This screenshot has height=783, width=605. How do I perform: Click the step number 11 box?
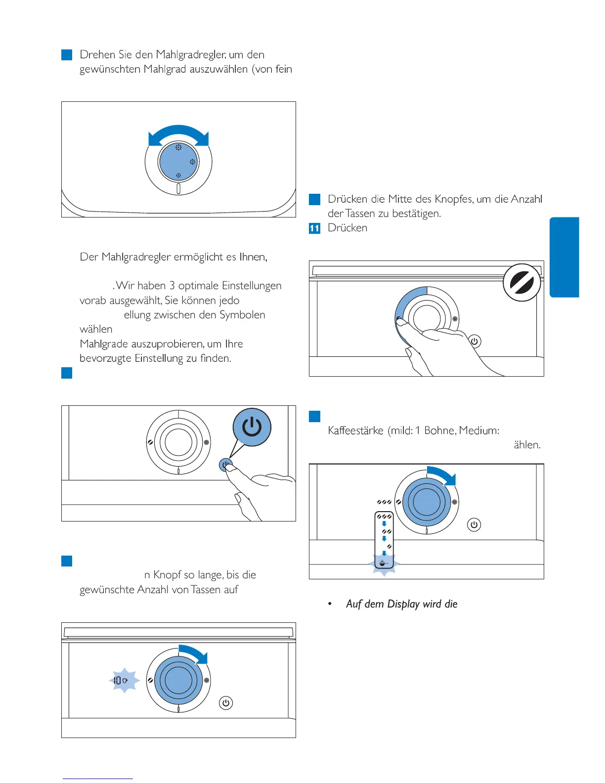point(314,228)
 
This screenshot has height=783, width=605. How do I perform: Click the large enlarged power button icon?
point(252,427)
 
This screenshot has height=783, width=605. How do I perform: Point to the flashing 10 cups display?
point(124,681)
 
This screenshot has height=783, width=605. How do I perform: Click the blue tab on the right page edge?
point(564,257)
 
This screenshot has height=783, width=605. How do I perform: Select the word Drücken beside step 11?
point(347,228)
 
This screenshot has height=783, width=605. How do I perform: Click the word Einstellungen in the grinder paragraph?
point(252,286)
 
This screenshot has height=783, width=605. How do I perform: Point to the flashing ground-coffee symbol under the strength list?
point(384,564)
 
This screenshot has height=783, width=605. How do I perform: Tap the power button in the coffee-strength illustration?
point(474,525)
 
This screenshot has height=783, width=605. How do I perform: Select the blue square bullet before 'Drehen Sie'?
point(67,54)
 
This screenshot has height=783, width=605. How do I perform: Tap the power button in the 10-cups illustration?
point(226,703)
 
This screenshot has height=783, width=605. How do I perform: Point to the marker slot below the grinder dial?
point(178,189)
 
